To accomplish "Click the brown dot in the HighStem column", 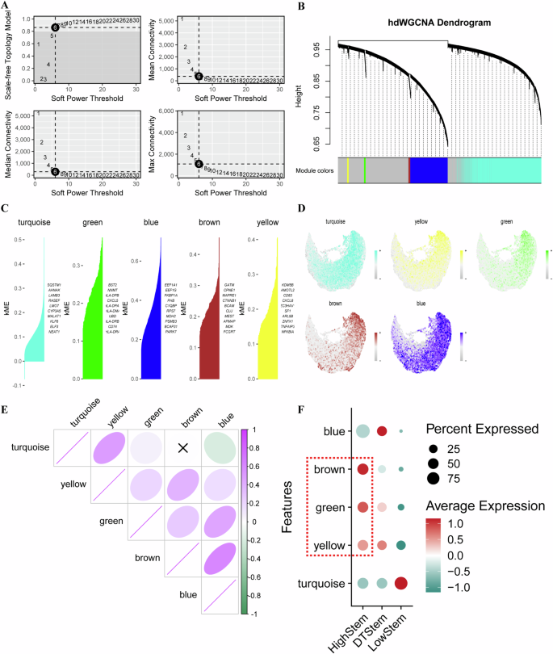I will [x=362, y=469].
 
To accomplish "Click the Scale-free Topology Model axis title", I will [x=8, y=48].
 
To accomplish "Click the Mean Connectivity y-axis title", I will [x=153, y=48].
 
